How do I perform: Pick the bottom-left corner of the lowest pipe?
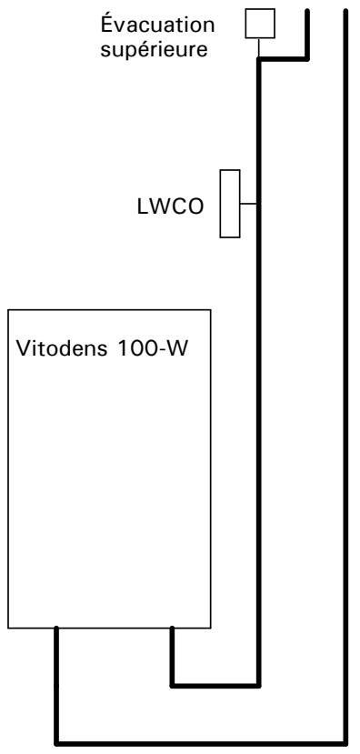(x=57, y=739)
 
